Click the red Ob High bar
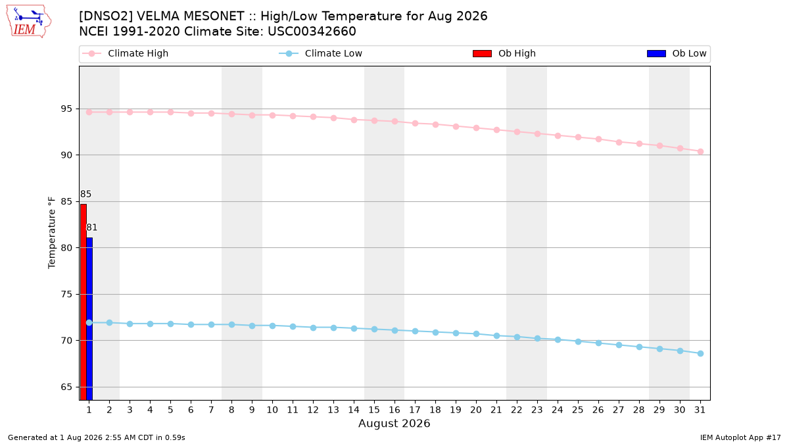tap(84, 302)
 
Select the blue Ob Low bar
tap(89, 319)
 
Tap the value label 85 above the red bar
tap(85, 194)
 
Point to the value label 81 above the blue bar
tap(91, 228)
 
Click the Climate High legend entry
tap(126, 53)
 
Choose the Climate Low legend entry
tap(321, 53)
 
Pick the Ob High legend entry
tap(504, 53)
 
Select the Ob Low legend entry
tap(677, 53)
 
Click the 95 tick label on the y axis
tap(66, 109)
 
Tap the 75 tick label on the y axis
tap(66, 294)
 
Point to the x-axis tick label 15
tap(374, 410)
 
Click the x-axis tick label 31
tap(700, 410)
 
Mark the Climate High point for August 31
tap(701, 151)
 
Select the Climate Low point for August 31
tap(701, 353)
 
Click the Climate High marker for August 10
tap(272, 115)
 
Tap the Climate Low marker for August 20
tap(476, 333)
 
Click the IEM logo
tap(28, 22)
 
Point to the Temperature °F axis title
tap(52, 233)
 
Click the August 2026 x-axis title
tap(394, 423)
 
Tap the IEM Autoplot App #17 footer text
tap(740, 437)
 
